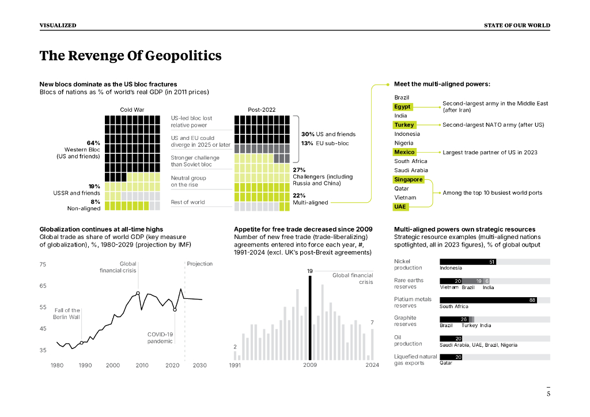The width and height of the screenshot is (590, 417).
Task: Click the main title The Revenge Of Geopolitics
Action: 130,56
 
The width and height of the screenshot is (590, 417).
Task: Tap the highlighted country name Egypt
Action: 402,107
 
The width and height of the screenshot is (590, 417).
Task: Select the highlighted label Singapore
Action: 409,180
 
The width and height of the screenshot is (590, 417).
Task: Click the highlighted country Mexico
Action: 404,152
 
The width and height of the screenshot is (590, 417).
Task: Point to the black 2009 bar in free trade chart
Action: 310,317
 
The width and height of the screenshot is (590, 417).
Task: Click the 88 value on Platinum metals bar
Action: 532,300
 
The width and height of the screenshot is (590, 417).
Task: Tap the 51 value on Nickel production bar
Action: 492,262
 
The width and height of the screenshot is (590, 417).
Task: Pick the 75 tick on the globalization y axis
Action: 43,264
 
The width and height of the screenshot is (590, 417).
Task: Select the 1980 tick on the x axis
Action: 57,365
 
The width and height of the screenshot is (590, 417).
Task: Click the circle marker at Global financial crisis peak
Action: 138,293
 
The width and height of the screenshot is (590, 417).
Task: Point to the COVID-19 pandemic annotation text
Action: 160,338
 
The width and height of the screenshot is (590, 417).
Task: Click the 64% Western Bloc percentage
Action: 93,143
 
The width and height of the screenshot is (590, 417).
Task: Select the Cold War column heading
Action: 132,109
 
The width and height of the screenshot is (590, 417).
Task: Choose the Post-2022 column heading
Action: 262,109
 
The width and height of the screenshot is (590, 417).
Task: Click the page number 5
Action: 549,394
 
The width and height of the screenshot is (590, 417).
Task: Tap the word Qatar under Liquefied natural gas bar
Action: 446,363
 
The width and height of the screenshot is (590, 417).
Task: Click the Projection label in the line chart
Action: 199,264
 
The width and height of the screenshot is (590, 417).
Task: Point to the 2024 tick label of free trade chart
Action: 372,365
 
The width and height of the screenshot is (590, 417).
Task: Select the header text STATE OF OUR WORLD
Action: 517,25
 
